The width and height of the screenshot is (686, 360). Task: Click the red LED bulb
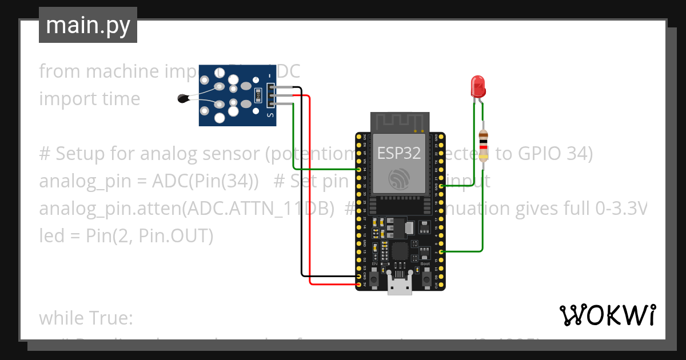click(x=477, y=87)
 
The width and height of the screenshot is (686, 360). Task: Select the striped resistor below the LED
click(x=484, y=144)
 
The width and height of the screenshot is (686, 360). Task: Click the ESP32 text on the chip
click(x=399, y=153)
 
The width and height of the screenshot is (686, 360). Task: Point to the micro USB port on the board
click(x=400, y=284)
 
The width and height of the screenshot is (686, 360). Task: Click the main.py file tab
click(x=88, y=25)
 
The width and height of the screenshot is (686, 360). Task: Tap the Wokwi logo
click(x=607, y=315)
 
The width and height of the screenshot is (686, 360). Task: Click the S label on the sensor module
click(x=271, y=115)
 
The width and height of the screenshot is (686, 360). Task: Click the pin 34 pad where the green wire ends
click(x=358, y=170)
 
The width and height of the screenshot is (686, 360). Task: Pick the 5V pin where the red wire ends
click(x=358, y=283)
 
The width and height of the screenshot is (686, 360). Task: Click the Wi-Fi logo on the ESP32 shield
click(x=398, y=179)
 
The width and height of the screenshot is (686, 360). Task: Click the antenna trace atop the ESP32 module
click(x=400, y=121)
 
